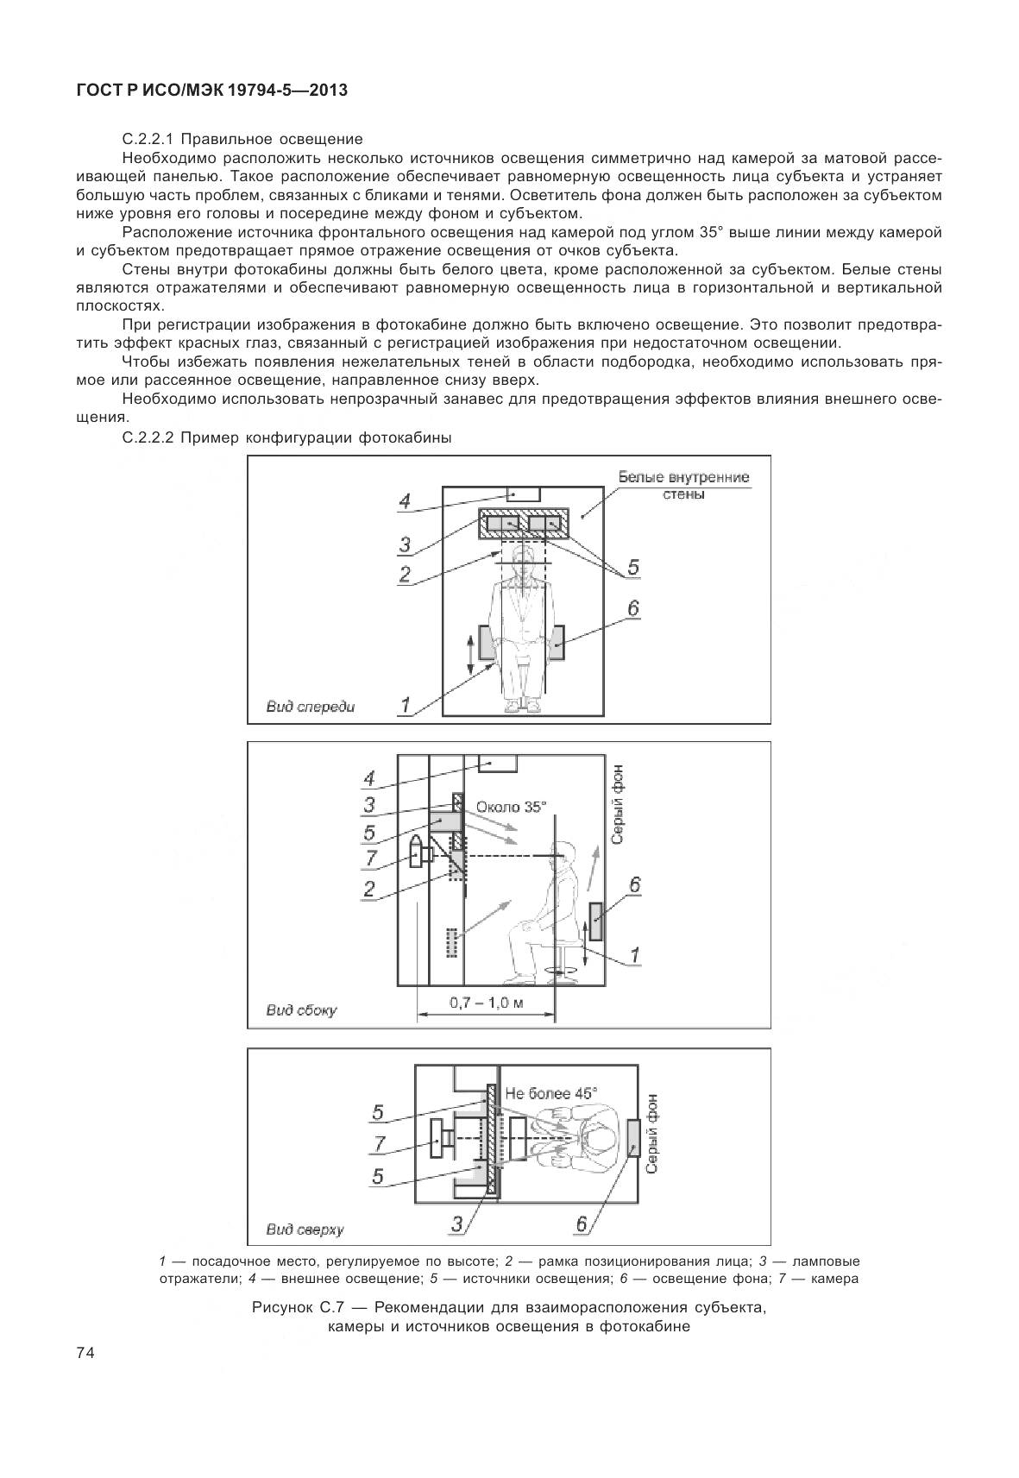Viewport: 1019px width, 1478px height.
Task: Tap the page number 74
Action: click(x=85, y=1352)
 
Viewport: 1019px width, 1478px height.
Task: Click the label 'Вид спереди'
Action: click(x=311, y=707)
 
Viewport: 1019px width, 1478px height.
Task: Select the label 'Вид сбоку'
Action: click(x=301, y=1010)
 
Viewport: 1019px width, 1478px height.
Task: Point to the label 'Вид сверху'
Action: click(x=305, y=1230)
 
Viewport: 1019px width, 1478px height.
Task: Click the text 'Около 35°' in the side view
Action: click(x=511, y=807)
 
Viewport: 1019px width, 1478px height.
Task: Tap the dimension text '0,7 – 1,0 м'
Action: click(x=487, y=1003)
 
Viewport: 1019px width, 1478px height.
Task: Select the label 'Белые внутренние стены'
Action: click(x=683, y=486)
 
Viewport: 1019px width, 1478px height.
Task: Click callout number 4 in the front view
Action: click(x=404, y=501)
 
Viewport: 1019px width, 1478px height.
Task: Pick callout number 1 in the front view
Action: click(x=404, y=705)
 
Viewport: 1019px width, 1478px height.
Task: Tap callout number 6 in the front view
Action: click(x=632, y=608)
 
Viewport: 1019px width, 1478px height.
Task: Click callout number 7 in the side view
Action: click(x=370, y=858)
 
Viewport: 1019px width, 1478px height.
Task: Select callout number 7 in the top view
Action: click(x=378, y=1143)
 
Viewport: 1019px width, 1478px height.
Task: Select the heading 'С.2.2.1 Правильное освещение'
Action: click(x=242, y=139)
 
